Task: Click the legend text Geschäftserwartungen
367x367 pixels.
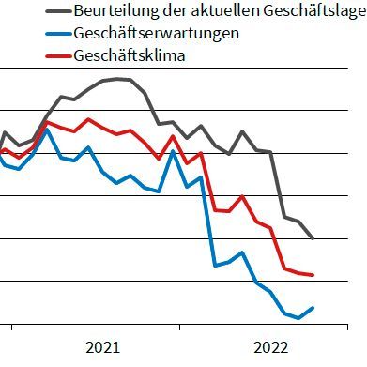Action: (155, 33)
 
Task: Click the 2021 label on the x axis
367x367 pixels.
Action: (102, 348)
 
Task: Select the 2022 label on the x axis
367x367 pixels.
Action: (271, 348)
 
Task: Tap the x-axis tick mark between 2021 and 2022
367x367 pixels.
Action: (187, 328)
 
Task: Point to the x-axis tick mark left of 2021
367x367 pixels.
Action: (12, 328)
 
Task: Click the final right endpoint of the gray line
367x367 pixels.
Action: (313, 239)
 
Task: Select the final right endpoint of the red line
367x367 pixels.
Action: (313, 275)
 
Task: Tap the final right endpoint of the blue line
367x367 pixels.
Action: (313, 307)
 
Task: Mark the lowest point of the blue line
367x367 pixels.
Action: (298, 318)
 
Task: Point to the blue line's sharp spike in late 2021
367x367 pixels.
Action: (173, 150)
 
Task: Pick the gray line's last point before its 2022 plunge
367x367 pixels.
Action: (270, 152)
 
